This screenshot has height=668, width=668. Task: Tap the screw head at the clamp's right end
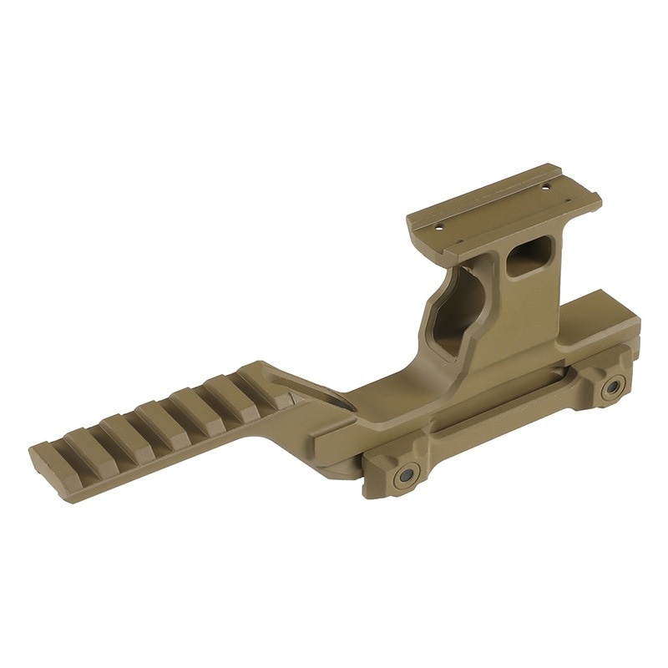[x=614, y=386]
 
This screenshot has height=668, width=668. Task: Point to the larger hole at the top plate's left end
[x=438, y=225]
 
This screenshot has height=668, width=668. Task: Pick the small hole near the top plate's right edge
[x=547, y=188]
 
